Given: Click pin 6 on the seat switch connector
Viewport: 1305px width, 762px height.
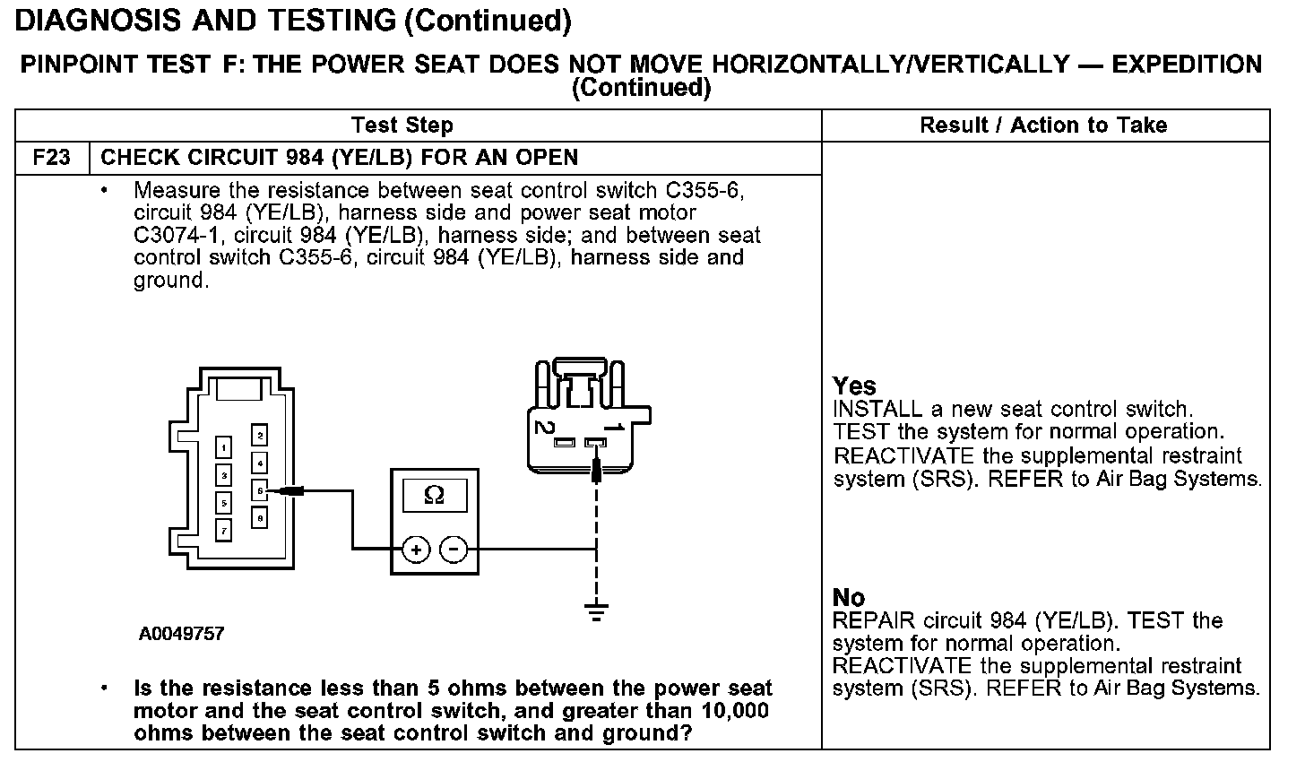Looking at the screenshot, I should tap(259, 490).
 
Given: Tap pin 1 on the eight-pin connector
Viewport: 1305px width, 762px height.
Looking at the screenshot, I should tap(224, 447).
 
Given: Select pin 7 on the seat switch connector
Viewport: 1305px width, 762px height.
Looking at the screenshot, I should tap(224, 530).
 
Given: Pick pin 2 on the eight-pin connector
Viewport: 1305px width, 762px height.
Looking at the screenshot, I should tap(259, 437).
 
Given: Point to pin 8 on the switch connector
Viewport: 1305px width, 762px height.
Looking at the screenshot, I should tap(259, 517).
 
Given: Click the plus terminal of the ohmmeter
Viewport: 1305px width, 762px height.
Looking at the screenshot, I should tap(415, 550).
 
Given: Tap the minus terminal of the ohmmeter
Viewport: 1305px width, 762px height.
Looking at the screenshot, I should tap(454, 550).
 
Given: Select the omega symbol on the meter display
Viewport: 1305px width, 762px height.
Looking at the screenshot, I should tap(434, 495).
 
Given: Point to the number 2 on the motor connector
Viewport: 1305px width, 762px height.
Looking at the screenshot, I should tap(543, 427).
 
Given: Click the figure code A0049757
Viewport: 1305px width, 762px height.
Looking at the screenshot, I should tap(182, 634).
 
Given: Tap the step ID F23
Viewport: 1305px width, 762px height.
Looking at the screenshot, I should tap(51, 158).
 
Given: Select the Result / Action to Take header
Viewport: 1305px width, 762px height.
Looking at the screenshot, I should tap(1043, 126).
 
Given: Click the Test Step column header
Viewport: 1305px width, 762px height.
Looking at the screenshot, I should tap(402, 126).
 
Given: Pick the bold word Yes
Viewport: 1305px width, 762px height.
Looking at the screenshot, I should tap(854, 386).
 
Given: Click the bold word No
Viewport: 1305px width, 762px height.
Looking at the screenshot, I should tap(849, 598).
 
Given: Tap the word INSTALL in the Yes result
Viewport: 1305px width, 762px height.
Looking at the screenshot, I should tap(877, 410).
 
